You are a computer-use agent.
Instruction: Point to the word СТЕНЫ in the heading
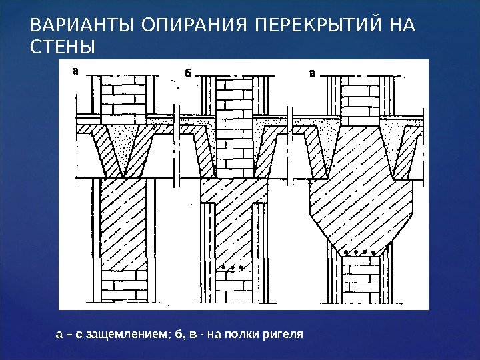click(x=63, y=48)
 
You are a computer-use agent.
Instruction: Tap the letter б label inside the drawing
click(x=187, y=73)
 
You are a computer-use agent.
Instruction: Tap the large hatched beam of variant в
click(x=363, y=193)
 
